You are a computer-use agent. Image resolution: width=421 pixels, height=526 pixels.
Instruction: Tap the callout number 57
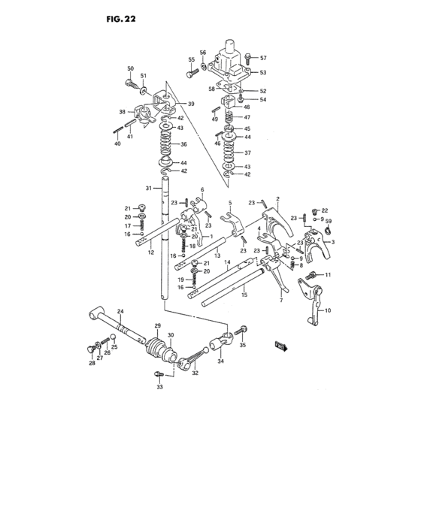coord(264,58)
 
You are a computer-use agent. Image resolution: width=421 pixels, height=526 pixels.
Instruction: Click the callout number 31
coord(149,188)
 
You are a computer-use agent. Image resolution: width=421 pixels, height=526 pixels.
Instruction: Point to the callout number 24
coord(120,311)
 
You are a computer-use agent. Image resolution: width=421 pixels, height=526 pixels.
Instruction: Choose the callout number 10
coord(328,309)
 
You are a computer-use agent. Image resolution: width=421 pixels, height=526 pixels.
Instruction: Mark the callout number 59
coord(329,222)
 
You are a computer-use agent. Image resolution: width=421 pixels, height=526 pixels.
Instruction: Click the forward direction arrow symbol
coord(282,345)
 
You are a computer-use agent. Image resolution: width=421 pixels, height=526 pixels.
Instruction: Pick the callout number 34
coord(220,362)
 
